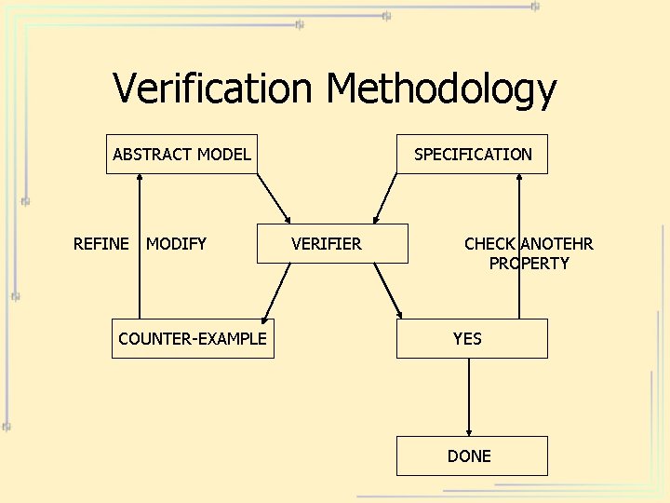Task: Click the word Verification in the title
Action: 212,89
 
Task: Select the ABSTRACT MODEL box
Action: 182,155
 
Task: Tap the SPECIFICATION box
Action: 473,155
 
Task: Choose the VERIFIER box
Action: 331,244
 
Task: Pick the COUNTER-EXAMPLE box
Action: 193,338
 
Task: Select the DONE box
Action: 471,455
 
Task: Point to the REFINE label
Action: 100,244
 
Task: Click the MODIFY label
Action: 176,244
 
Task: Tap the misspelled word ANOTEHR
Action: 556,244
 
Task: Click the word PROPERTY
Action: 529,264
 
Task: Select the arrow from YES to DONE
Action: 469,397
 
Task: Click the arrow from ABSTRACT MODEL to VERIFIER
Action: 274,198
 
